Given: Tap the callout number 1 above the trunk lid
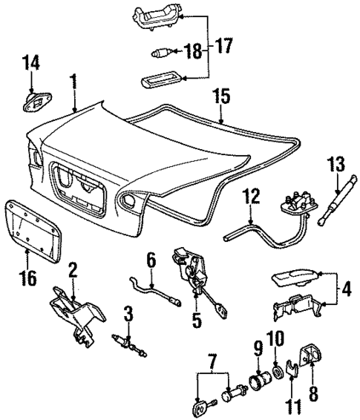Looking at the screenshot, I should click(x=74, y=79).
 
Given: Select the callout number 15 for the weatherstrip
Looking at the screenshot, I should click(x=222, y=96).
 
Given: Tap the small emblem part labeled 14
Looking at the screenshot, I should click(x=33, y=99).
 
